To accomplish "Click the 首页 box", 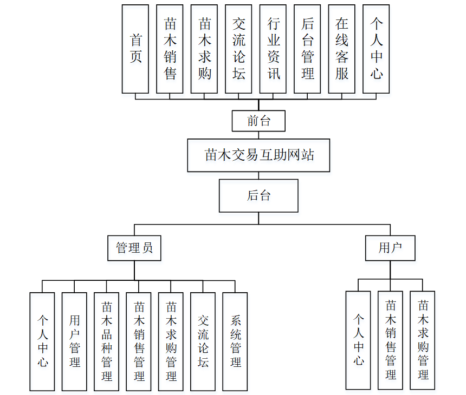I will pos(135,49).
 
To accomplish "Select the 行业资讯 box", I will pos(273,49).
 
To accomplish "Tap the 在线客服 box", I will pos(342,49).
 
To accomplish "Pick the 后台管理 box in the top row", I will pos(308,49).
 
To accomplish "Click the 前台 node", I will pos(258,121).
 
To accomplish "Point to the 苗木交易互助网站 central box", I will pos(258,155).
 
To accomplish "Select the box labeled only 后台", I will pos(258,195).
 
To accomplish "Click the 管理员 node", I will pos(134,248).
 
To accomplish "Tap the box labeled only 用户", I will pos(390,248).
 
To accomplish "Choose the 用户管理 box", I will pos(75,341).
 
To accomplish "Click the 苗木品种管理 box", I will pos(107,341).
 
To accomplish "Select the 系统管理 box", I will pos(235,341).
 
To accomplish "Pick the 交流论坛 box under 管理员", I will pos(203,341).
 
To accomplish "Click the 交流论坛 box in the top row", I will pos(238,49).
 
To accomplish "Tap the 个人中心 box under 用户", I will pos(359,340).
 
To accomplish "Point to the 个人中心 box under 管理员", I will pos(42,341).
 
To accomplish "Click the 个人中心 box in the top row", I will pos(377,49).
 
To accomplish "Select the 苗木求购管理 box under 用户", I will pos(423,340).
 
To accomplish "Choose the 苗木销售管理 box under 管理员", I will pos(139,341).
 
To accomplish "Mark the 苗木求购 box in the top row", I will pos(204,49).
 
